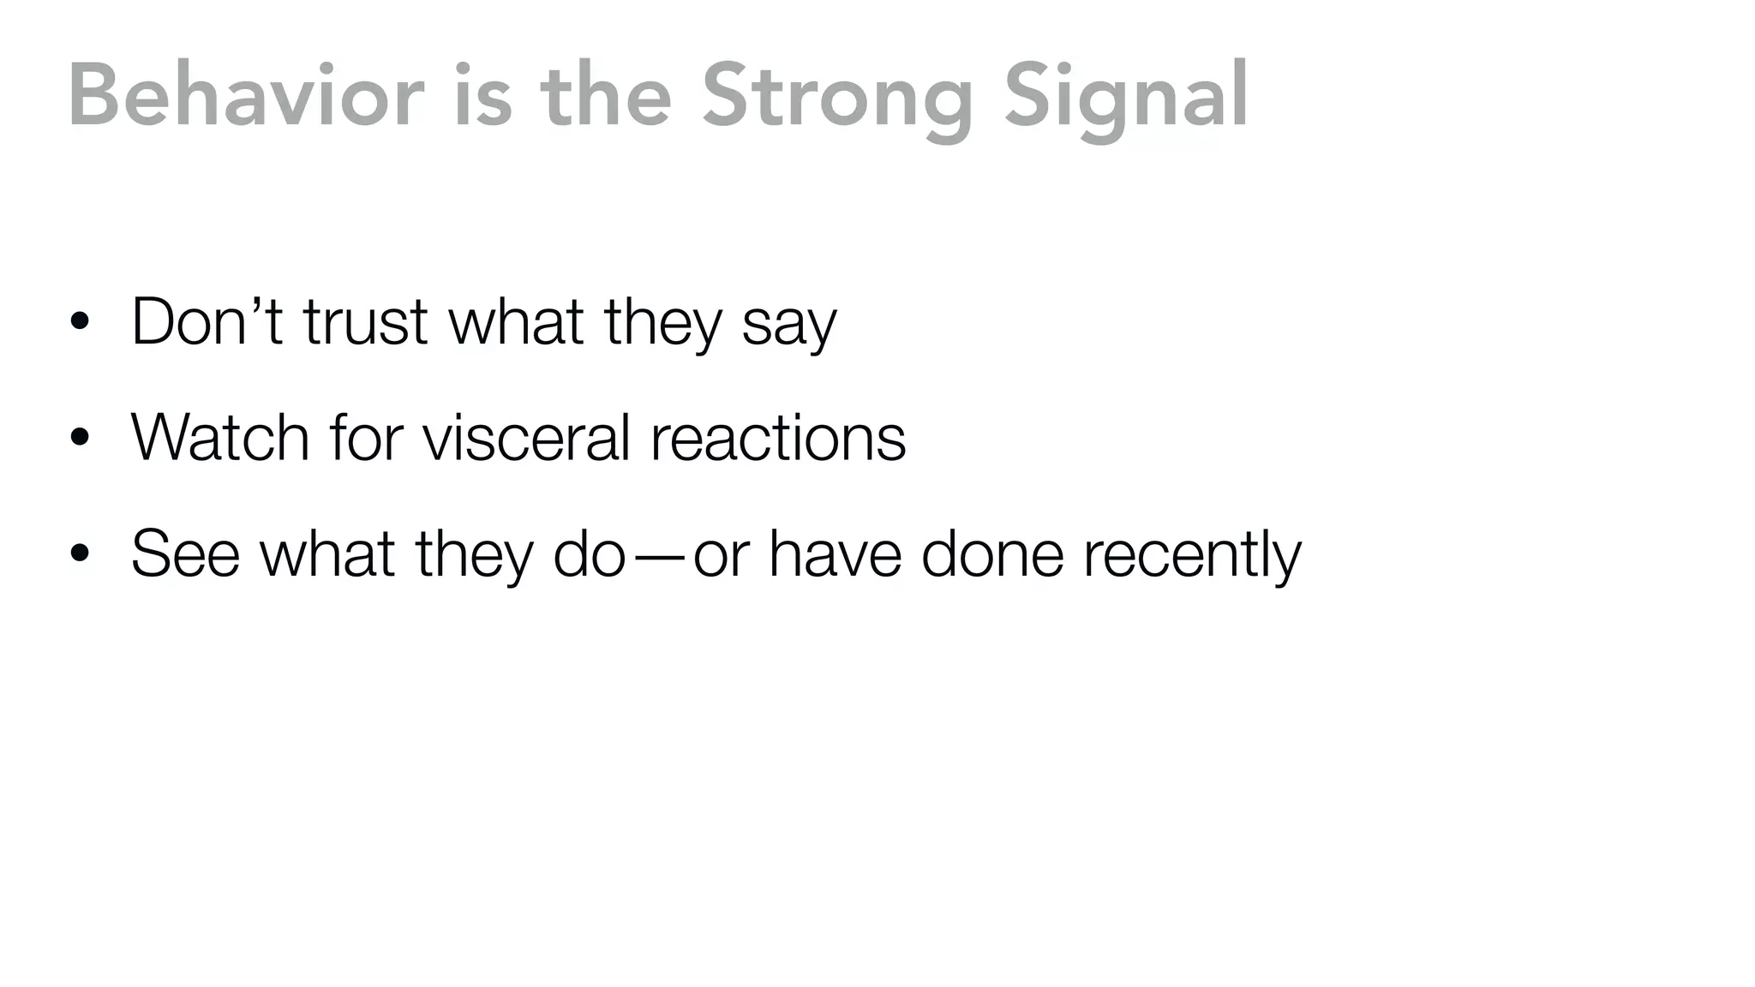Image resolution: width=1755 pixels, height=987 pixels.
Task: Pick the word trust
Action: (365, 322)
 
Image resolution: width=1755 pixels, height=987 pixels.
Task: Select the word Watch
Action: (219, 438)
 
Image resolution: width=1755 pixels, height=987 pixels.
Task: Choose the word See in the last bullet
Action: (185, 553)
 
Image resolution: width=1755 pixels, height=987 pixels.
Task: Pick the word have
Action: (836, 553)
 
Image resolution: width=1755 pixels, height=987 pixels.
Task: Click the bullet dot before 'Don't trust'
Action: (81, 322)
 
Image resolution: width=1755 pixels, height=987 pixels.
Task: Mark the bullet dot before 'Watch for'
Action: (81, 438)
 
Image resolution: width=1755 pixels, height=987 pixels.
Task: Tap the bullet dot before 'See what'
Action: (81, 553)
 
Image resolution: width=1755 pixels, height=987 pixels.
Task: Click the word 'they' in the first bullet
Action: (663, 322)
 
